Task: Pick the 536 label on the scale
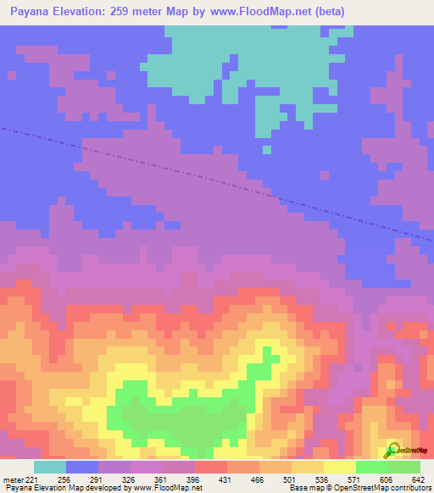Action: coord(324,479)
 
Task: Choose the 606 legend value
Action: coord(387,479)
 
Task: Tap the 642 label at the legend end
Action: coord(417,479)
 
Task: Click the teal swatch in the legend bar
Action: coord(50,467)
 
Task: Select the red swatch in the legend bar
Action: coord(210,467)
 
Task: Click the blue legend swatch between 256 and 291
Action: coord(82,467)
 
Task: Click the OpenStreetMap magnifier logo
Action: coord(392,450)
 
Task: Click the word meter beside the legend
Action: coord(13,479)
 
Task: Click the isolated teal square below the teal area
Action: coord(266,150)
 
